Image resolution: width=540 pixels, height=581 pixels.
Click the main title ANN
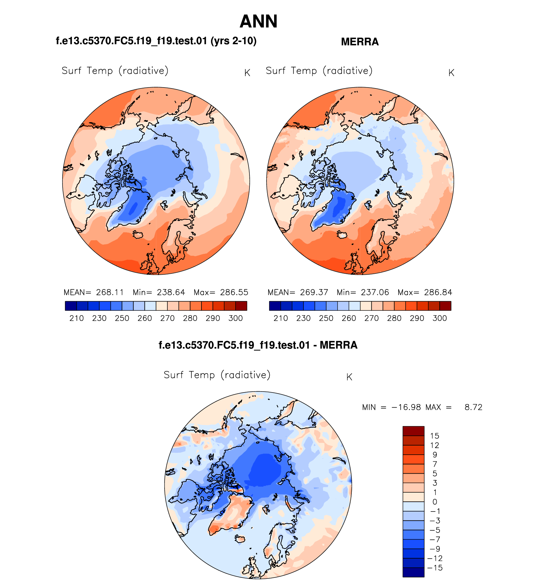point(258,21)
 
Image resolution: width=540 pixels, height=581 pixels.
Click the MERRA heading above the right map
point(360,42)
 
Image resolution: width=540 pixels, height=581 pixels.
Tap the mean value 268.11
point(110,292)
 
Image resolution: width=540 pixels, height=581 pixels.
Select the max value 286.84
point(438,292)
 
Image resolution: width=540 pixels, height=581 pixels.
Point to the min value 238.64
point(171,292)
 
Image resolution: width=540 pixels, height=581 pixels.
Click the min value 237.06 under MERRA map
point(375,292)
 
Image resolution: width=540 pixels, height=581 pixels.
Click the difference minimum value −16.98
point(406,407)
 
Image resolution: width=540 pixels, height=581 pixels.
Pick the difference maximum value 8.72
point(473,407)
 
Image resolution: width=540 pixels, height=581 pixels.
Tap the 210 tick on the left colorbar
point(76,318)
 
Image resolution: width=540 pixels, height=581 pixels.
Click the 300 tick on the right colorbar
point(440,318)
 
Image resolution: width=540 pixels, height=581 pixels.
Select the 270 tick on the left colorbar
point(167,318)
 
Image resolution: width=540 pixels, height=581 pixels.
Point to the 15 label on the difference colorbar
point(435,436)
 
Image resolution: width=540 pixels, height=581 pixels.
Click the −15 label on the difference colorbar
point(435,568)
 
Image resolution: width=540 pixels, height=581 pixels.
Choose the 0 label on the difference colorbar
point(435,502)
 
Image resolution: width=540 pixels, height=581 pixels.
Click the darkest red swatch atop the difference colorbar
point(413,431)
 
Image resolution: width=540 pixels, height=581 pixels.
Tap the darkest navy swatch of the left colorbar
point(71,306)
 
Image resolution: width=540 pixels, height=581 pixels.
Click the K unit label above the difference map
point(349,377)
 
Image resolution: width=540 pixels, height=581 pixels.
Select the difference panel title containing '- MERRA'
point(258,345)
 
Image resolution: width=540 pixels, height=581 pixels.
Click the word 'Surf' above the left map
point(71,71)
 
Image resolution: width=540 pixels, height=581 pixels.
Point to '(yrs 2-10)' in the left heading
point(233,41)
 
